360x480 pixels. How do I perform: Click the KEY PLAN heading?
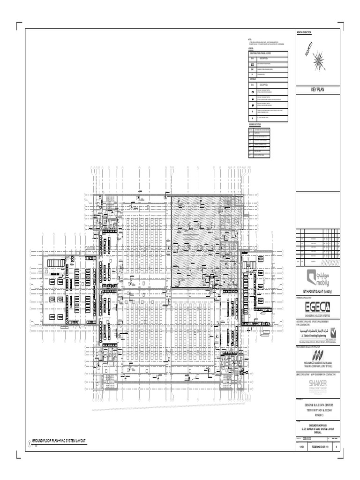318,89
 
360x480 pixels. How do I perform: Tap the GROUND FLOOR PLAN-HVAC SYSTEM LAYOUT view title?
59,441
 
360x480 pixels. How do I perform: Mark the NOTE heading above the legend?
250,38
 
